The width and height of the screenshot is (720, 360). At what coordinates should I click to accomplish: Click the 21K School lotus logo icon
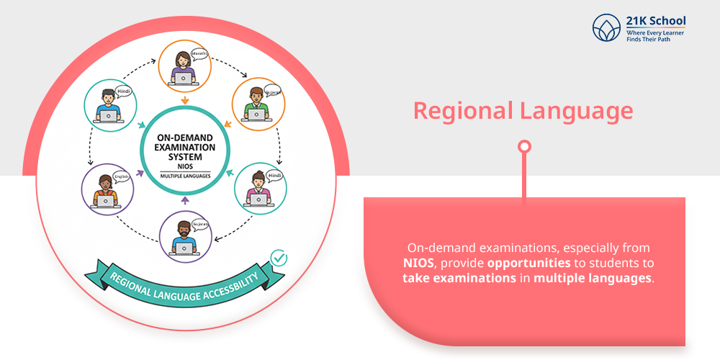click(x=606, y=28)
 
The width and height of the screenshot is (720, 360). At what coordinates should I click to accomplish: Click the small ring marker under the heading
click(x=525, y=147)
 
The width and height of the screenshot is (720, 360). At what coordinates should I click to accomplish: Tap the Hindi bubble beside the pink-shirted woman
click(x=273, y=175)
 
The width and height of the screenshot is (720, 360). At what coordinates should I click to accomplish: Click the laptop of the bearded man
click(x=185, y=248)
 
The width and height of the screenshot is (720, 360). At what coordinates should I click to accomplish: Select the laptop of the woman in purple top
click(x=106, y=202)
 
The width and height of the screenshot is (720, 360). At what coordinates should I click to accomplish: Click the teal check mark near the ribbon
click(x=278, y=257)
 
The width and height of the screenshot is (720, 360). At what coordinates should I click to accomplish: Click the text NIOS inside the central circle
click(x=185, y=164)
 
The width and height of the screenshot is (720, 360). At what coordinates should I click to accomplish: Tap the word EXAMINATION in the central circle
click(x=185, y=145)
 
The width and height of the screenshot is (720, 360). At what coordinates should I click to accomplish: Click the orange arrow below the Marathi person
click(x=186, y=101)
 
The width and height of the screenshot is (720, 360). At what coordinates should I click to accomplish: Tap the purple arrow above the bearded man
click(x=185, y=199)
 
